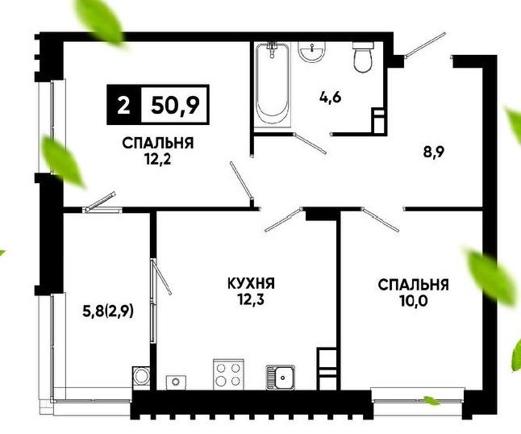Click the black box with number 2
tap(123, 103)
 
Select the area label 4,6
tap(330, 99)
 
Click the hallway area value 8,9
tap(436, 150)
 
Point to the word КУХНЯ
tap(251, 284)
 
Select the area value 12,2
tap(157, 159)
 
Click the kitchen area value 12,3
tap(251, 300)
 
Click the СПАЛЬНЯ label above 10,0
tap(413, 285)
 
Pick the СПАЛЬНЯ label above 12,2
tap(157, 144)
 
